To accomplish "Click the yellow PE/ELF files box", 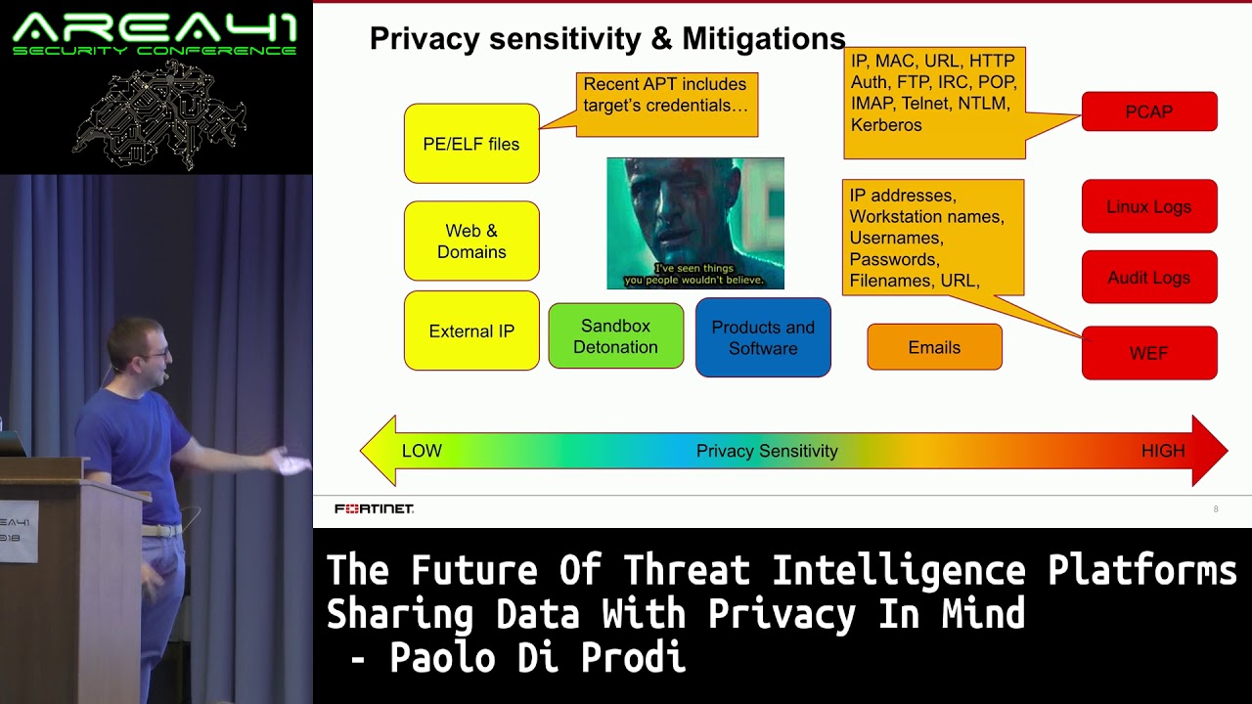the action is (471, 144).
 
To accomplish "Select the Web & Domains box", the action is (471, 241).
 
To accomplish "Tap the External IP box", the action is (471, 330).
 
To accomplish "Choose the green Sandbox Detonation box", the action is (616, 335).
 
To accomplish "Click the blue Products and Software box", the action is (763, 337).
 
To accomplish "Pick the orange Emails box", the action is (934, 347).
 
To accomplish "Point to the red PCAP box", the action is (1149, 111).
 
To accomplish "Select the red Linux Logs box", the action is (1149, 206).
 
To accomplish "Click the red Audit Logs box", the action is (1149, 277).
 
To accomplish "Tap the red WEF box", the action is (1149, 353).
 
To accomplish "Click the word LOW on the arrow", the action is (422, 451).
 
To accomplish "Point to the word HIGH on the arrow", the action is (1163, 451).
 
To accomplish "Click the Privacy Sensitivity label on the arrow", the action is (767, 451).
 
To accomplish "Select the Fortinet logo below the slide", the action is (374, 508).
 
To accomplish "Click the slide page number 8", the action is (1216, 509).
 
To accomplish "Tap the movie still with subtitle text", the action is (695, 224).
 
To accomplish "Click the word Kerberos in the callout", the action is (886, 124).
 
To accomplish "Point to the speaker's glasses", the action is (157, 354).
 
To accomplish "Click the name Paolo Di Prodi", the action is (538, 657).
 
